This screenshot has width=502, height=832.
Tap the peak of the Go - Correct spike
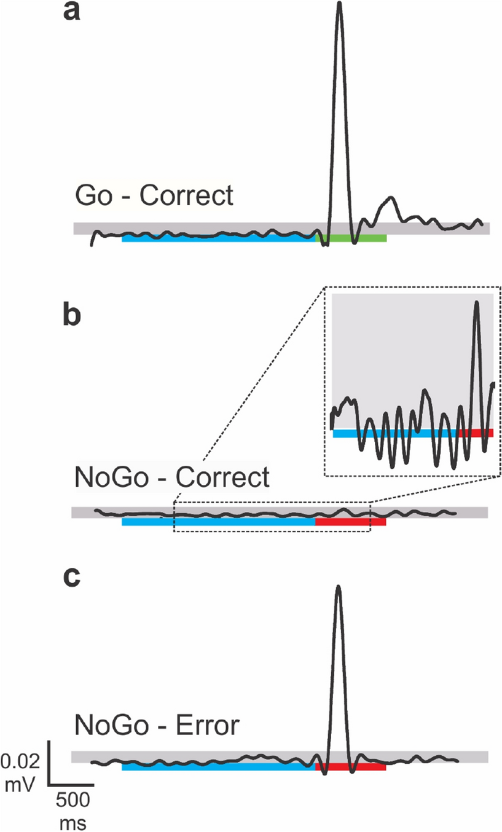(339, 5)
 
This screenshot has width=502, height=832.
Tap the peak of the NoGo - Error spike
(338, 588)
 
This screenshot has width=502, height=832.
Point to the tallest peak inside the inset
(476, 303)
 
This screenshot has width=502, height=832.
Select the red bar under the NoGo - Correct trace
(350, 522)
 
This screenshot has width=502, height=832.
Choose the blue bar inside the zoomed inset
(393, 433)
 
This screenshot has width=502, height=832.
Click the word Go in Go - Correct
(92, 197)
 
